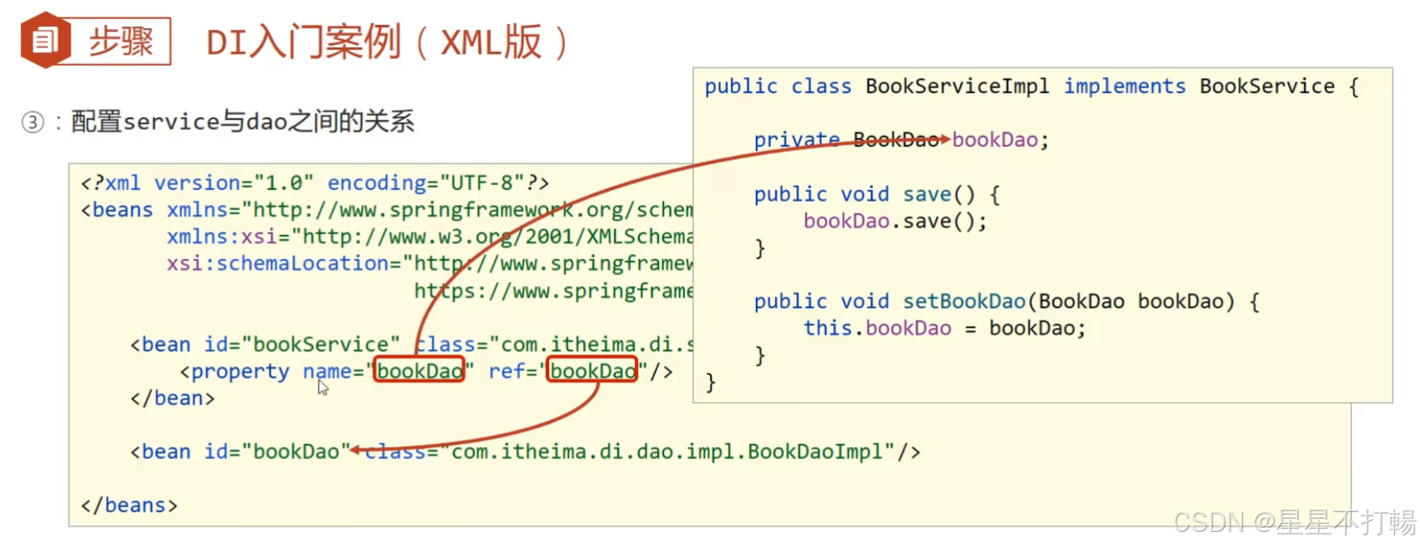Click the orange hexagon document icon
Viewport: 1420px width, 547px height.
(45, 40)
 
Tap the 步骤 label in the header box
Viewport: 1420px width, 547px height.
(121, 41)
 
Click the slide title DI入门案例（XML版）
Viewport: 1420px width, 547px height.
(388, 42)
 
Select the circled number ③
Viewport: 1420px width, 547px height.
(33, 123)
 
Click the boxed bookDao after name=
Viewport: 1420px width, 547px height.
(419, 370)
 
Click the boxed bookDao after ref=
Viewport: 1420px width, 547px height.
(592, 370)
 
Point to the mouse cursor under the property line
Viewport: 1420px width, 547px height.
(323, 388)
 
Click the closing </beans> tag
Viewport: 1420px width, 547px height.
(129, 505)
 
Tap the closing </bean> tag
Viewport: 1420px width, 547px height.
(172, 399)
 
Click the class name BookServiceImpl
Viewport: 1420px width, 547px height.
(957, 87)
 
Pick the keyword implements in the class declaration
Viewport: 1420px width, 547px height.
(1124, 87)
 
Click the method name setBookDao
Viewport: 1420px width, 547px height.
(964, 302)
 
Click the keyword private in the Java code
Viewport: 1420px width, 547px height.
(796, 140)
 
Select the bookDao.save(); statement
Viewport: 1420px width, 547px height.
(894, 222)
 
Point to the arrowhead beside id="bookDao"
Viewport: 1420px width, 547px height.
(355, 450)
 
